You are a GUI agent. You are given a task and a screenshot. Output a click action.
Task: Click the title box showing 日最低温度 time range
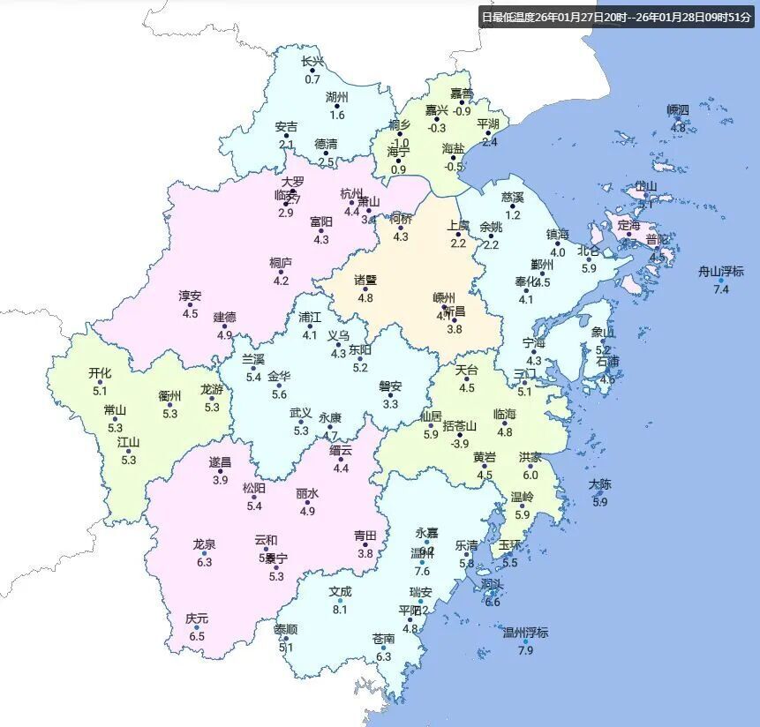(x=616, y=17)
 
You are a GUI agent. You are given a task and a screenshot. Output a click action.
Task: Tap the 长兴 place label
(x=312, y=62)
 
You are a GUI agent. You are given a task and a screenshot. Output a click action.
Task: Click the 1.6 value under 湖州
(x=337, y=115)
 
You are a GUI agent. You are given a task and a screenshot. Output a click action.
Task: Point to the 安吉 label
(x=286, y=127)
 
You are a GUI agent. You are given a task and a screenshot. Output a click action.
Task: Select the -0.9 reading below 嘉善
(x=462, y=111)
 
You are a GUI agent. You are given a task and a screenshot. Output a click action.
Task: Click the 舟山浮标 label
(x=720, y=272)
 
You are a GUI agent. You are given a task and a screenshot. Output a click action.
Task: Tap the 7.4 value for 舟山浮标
(x=721, y=289)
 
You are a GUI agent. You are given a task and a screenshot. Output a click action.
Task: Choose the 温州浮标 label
(x=525, y=633)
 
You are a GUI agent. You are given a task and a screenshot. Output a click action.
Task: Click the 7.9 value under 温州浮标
(x=525, y=651)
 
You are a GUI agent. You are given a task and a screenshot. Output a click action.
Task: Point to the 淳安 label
(x=190, y=296)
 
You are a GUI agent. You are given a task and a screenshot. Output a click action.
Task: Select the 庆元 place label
(x=197, y=618)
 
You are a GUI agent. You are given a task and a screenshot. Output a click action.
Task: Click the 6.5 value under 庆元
(x=197, y=636)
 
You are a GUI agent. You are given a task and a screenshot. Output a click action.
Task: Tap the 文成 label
(x=340, y=592)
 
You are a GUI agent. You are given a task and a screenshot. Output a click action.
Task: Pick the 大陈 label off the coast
(x=600, y=484)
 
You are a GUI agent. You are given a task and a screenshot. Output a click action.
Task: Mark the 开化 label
(x=100, y=373)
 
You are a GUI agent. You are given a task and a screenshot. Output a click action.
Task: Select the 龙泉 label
(x=205, y=544)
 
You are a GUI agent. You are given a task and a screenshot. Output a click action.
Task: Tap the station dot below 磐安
(x=390, y=395)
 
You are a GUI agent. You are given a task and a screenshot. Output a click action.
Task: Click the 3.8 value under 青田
(x=365, y=553)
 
